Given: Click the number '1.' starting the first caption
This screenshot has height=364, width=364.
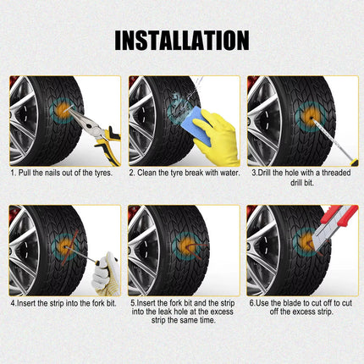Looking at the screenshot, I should click(x=13, y=173).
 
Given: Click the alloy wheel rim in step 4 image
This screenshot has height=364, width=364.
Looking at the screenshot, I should click(x=24, y=254).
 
